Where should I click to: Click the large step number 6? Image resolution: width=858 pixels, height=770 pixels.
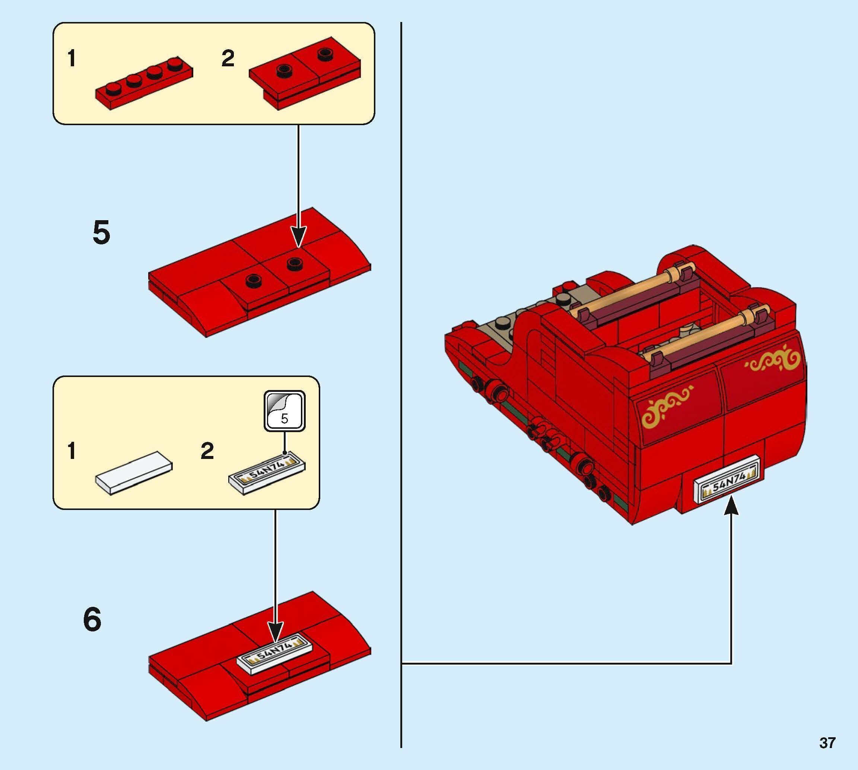[x=92, y=620]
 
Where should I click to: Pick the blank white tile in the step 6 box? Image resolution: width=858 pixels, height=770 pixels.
[x=134, y=472]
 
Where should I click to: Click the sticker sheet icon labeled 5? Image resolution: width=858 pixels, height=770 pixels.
[x=284, y=411]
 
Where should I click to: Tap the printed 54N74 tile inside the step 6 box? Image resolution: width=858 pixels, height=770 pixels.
[x=267, y=472]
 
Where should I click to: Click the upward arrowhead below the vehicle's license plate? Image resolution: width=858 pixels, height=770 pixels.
[x=731, y=506]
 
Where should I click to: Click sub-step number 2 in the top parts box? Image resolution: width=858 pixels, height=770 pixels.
[x=228, y=58]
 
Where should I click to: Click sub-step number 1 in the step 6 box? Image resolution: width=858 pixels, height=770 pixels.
[x=72, y=451]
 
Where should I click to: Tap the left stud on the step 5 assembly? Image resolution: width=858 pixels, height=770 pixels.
[x=254, y=279]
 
